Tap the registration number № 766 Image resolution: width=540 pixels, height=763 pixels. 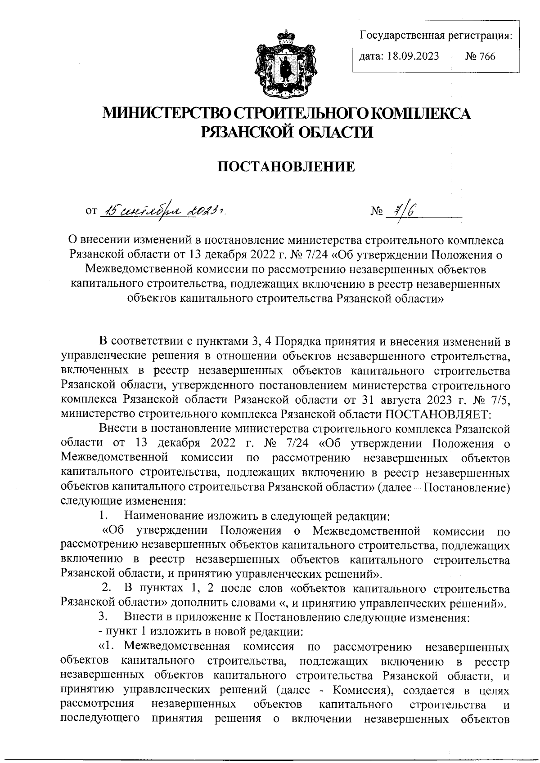(x=480, y=56)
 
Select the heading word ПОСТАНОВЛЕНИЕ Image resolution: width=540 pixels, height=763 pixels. (x=286, y=167)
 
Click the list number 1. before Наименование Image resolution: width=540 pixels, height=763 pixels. (x=103, y=514)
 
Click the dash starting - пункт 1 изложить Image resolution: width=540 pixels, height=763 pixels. (x=100, y=631)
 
